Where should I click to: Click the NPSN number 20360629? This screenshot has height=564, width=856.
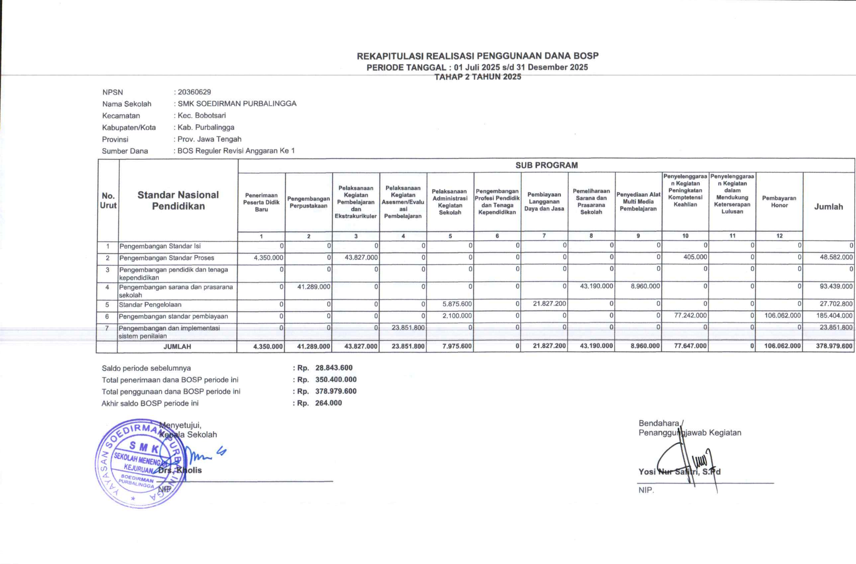[194, 92]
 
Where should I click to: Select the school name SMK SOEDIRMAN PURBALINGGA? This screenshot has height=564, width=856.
[237, 104]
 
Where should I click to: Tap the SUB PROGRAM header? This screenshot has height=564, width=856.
[546, 165]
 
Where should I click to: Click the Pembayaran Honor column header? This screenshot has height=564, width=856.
[779, 202]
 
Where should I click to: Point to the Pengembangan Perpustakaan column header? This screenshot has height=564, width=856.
[309, 202]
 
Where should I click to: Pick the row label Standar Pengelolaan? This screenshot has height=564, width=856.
[150, 305]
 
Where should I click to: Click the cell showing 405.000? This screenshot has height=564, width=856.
[695, 257]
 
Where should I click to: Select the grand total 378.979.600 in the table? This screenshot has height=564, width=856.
[834, 346]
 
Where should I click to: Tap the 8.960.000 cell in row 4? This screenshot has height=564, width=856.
[645, 286]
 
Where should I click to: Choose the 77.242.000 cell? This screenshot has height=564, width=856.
[690, 316]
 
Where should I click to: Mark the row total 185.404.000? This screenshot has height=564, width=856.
[834, 316]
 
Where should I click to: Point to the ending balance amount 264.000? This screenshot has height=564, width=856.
[328, 403]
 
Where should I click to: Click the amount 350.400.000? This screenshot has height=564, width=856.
[336, 379]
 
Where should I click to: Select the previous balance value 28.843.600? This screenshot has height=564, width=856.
[334, 368]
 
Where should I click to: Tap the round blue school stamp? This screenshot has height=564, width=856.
[140, 463]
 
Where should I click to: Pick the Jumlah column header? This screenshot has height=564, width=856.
[828, 207]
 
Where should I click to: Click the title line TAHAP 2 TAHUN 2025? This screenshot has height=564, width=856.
[477, 77]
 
